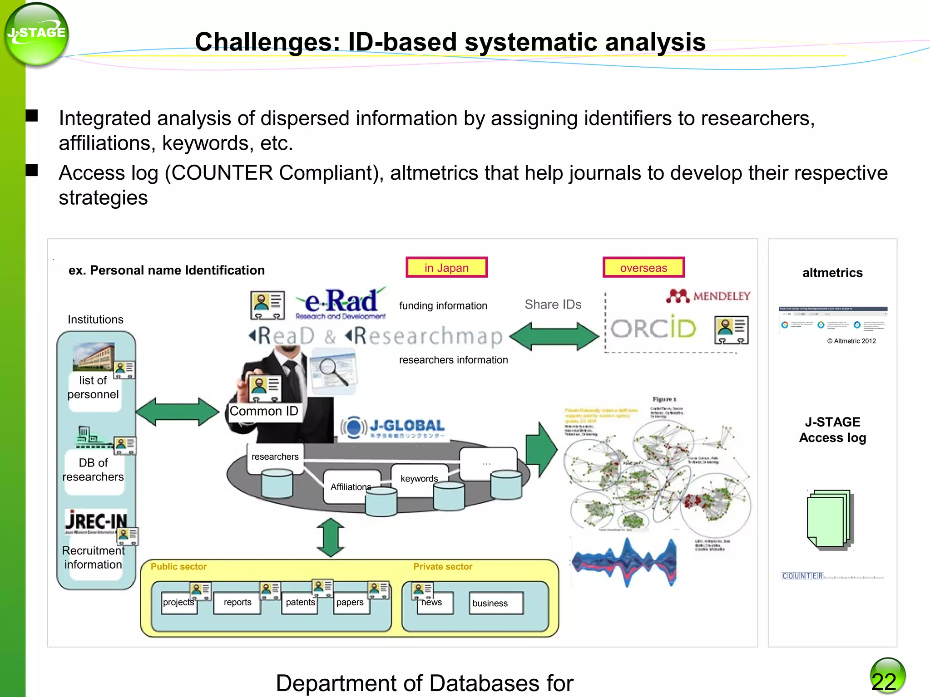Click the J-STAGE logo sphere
click(x=36, y=34)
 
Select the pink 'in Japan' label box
click(x=446, y=268)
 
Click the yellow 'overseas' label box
click(x=643, y=268)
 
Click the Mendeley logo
click(x=708, y=296)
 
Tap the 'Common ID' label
click(x=264, y=411)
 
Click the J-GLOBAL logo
click(x=393, y=427)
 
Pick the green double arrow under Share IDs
click(x=554, y=336)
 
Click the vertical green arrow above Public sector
click(x=331, y=537)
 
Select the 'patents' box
click(x=300, y=603)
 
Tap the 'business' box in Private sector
click(x=495, y=603)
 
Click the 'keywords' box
click(x=419, y=479)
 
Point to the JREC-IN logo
click(x=96, y=521)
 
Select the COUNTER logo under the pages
click(x=802, y=576)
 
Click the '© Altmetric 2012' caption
click(x=851, y=341)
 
